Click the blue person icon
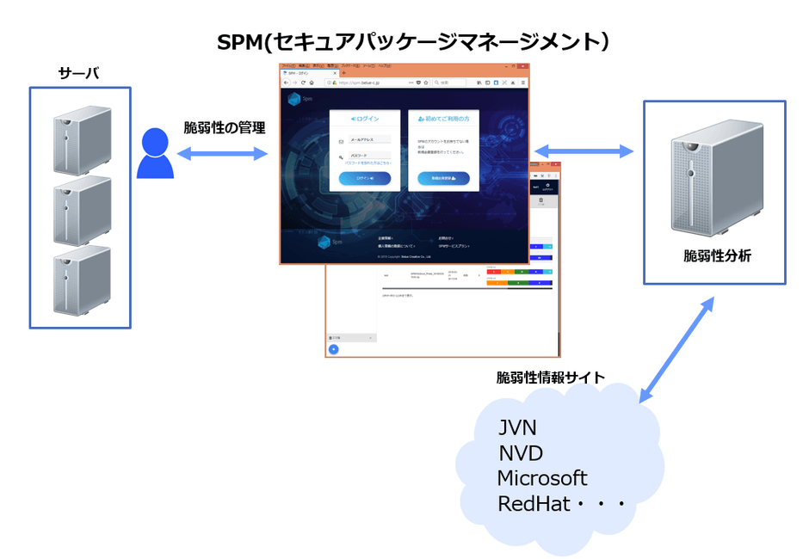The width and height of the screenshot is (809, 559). [156, 154]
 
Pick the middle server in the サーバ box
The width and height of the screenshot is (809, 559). [81, 212]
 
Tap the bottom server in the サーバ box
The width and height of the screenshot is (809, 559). [81, 279]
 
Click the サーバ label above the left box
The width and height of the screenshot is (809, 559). [78, 74]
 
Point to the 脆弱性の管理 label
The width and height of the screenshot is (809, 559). [225, 128]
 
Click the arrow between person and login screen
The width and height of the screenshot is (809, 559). [223, 154]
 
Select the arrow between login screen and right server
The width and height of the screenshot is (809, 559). [584, 151]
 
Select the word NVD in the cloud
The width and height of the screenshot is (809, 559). [521, 453]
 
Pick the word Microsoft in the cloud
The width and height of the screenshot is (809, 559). [542, 478]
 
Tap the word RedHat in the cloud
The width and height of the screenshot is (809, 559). [534, 504]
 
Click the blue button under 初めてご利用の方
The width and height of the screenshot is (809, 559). [443, 179]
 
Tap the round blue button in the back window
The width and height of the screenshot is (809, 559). [334, 348]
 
